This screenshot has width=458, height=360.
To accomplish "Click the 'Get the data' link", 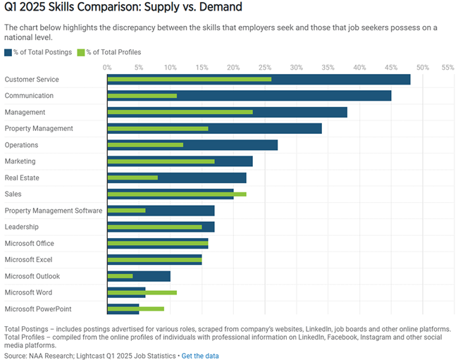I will coord(200,356).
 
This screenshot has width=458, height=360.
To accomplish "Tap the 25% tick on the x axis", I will coord(264,67).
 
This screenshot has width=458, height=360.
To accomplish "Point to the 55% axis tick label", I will coord(447,67).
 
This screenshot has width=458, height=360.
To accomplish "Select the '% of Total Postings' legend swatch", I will coord(8,52).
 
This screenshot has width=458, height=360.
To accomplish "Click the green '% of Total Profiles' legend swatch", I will coord(81,52).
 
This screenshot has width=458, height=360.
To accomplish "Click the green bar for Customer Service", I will coord(189,79).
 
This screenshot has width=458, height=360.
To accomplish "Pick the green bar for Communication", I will coord(142,96).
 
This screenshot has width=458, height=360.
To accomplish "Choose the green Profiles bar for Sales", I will coord(177,194).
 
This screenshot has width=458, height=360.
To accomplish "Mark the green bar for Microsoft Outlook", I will coord(120,276).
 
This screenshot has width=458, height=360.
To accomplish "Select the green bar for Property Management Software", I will coord(126,211).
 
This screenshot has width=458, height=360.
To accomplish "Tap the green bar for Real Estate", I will coord(132,178).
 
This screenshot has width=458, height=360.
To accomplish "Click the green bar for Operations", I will coord(145,145).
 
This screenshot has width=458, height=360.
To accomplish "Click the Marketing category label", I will coord(20,161).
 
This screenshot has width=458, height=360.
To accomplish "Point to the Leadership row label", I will coord(21,227).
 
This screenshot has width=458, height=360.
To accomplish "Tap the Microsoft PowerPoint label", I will coord(37,309).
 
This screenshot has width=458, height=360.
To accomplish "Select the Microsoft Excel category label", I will coord(29,259).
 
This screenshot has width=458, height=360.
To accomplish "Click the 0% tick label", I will coord(107,67).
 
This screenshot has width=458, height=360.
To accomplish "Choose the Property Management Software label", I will coord(53,211).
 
